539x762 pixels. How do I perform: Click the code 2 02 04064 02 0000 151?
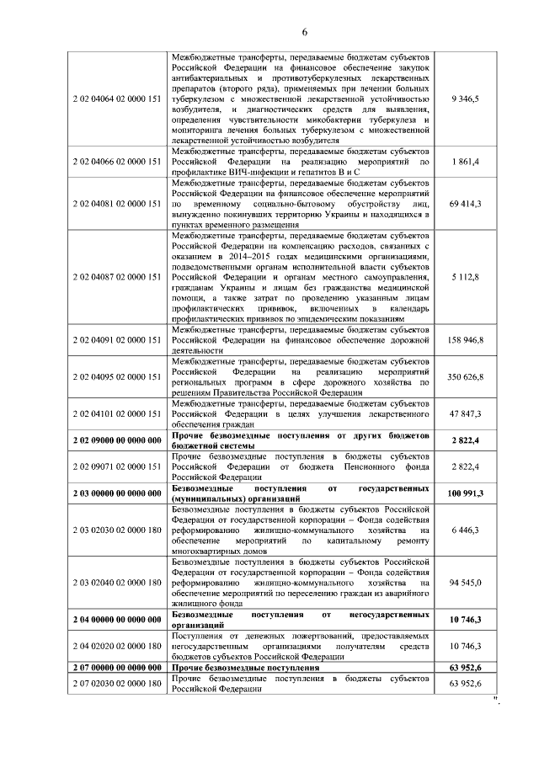pos(116,99)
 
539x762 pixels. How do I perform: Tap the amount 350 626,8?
pos(465,376)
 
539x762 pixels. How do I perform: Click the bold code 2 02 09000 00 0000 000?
pos(116,440)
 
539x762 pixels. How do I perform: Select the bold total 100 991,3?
pos(465,493)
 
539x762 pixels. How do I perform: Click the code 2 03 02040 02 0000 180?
pos(116,582)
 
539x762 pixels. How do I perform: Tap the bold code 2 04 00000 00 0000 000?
pos(116,620)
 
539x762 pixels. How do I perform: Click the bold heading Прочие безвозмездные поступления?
pos(245,668)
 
